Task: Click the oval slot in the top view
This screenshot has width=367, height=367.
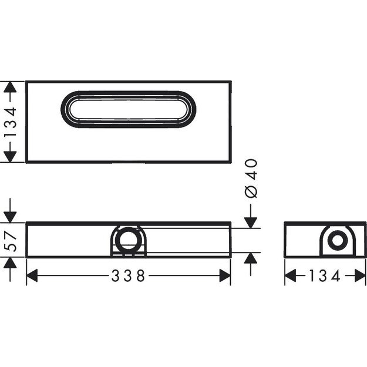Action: click(x=130, y=109)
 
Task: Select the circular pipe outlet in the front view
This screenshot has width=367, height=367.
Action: click(x=127, y=241)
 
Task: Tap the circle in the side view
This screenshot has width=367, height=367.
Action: click(x=336, y=241)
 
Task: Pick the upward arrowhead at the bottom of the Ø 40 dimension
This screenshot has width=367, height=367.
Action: click(x=251, y=260)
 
